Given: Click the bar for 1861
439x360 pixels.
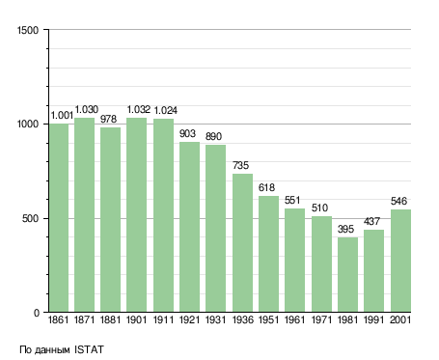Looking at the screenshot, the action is [59, 218].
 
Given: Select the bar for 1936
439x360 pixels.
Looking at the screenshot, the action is [242, 243].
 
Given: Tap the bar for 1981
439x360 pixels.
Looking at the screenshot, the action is [347, 275].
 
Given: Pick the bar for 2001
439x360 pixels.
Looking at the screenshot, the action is [400, 261].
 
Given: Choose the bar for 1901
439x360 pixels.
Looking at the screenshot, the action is [136, 215].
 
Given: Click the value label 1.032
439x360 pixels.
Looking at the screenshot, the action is [139, 110].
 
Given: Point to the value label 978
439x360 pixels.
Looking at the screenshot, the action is [108, 119].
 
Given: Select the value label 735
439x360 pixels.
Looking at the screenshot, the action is [240, 165].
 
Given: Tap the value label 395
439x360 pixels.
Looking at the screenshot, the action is [345, 229].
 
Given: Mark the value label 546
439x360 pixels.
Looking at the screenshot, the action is [398, 201].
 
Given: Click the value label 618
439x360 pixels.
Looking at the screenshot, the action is [266, 187].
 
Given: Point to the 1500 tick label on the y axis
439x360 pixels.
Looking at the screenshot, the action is [28, 30].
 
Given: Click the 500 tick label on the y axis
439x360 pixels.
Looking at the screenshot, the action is [31, 219].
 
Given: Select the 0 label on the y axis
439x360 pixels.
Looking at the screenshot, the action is [37, 313].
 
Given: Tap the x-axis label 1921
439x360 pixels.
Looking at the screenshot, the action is [189, 319].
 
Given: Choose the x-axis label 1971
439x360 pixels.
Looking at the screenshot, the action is [321, 319].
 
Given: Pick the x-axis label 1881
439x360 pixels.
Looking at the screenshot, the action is [110, 319].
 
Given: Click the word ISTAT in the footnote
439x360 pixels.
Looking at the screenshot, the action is [89, 349].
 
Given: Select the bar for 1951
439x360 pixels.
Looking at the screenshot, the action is [268, 254].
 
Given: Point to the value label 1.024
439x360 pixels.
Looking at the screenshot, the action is [165, 110].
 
